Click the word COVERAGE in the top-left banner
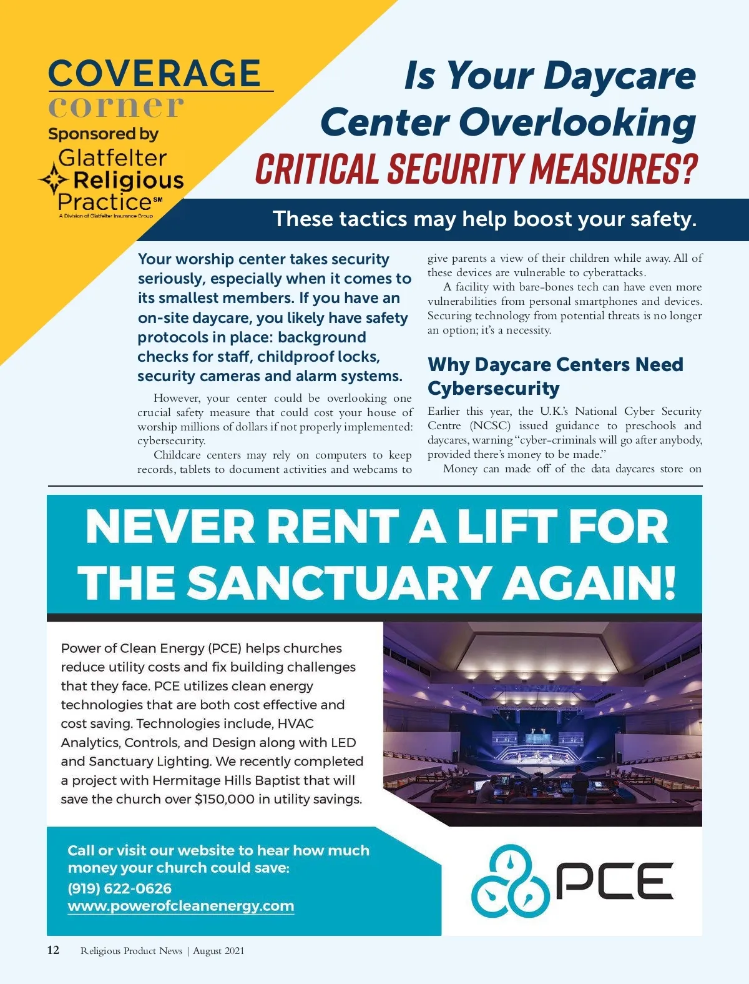coord(154,74)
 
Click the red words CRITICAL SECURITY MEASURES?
coord(476,169)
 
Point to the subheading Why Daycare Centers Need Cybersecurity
coord(555,376)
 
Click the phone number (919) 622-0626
coord(119,888)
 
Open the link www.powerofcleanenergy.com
coord(180,906)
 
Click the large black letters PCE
coord(614,880)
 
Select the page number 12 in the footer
coord(54,950)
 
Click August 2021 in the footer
coord(218,951)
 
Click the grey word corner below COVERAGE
coord(116,106)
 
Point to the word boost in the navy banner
coord(542,219)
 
